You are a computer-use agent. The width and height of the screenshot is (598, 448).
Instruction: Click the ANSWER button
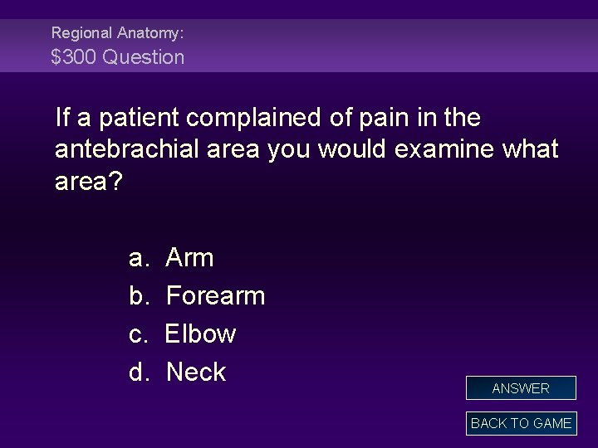coord(521,388)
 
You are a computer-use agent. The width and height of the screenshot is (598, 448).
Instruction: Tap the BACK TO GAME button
coord(521,423)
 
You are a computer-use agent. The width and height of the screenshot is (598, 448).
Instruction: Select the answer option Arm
coord(190,258)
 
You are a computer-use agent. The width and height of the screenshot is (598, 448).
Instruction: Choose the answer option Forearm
coord(215,296)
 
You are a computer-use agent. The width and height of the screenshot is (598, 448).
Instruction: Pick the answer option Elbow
coord(201,334)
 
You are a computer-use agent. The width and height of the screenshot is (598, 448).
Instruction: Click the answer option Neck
coord(196,373)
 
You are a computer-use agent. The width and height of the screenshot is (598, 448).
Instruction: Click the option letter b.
coord(138,296)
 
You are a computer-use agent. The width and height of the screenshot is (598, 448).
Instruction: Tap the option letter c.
coord(138,334)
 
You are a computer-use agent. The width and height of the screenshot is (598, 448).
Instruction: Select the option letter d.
coord(138,373)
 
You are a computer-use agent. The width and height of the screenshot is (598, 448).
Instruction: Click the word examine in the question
coord(439,150)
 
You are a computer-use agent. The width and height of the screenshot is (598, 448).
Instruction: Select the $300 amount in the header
coord(73,57)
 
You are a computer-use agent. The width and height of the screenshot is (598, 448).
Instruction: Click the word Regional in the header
coord(81,32)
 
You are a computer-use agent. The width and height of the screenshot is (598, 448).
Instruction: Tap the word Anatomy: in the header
coord(150,32)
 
